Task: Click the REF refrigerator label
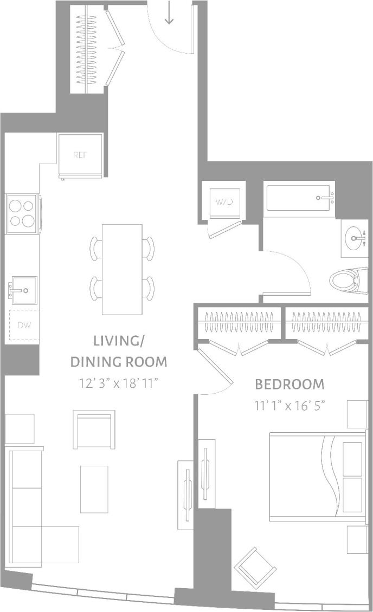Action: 80,155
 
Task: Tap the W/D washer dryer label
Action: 223,202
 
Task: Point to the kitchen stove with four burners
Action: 22,213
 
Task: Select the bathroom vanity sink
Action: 356,238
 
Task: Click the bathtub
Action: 299,198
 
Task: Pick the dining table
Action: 122,269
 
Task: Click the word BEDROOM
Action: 290,385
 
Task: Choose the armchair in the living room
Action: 94,429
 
